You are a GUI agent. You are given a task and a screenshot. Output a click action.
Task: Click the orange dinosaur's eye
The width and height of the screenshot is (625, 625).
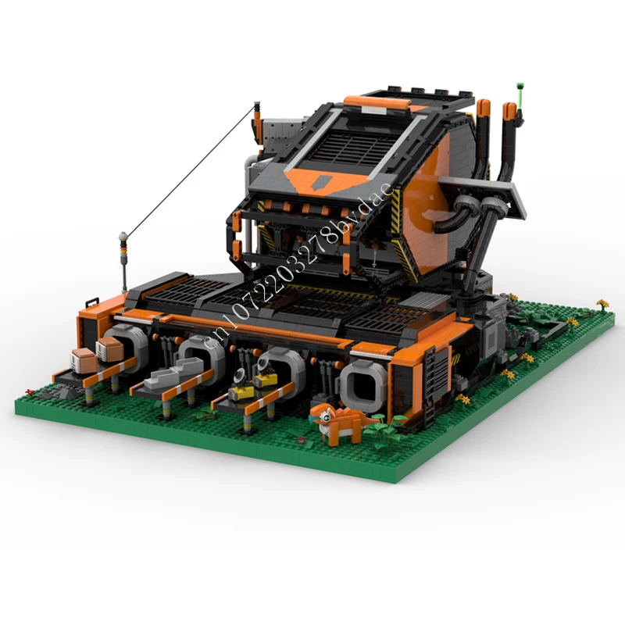(x=326, y=417)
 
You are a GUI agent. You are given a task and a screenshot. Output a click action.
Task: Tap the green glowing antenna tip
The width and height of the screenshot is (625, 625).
(x=520, y=86)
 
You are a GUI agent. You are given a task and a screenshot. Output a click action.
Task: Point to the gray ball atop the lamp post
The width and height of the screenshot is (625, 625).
(x=123, y=236)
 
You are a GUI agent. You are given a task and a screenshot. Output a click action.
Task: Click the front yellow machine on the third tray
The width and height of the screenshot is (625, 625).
(x=241, y=387)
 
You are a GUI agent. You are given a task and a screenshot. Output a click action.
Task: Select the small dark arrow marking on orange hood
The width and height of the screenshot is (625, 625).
(x=319, y=181)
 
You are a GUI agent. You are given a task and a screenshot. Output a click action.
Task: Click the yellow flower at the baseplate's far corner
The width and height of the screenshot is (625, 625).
(x=602, y=304)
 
